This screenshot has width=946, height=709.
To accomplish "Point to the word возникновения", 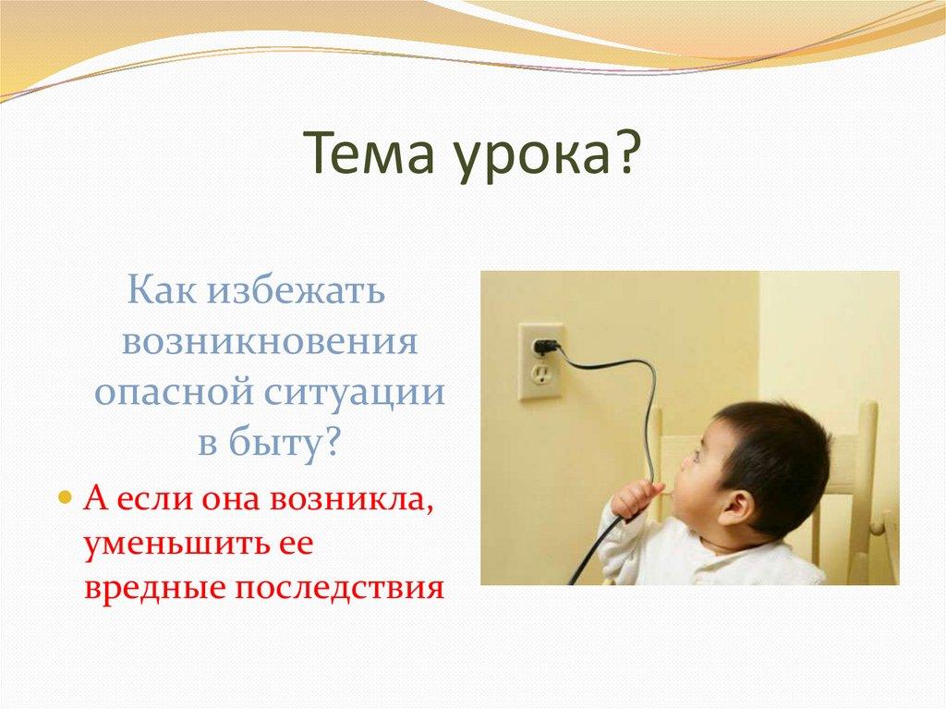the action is coord(270,342).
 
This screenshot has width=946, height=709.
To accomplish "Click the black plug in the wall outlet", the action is coord(545,347).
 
